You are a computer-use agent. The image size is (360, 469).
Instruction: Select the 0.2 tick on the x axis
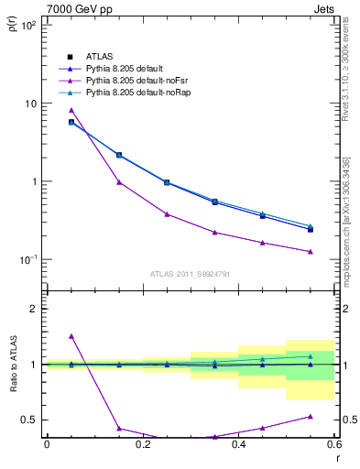(x=142, y=445)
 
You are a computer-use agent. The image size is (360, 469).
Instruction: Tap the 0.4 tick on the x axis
(x=238, y=445)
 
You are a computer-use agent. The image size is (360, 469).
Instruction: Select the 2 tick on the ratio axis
(x=33, y=309)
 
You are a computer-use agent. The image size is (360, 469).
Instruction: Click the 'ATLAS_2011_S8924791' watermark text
(x=189, y=273)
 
